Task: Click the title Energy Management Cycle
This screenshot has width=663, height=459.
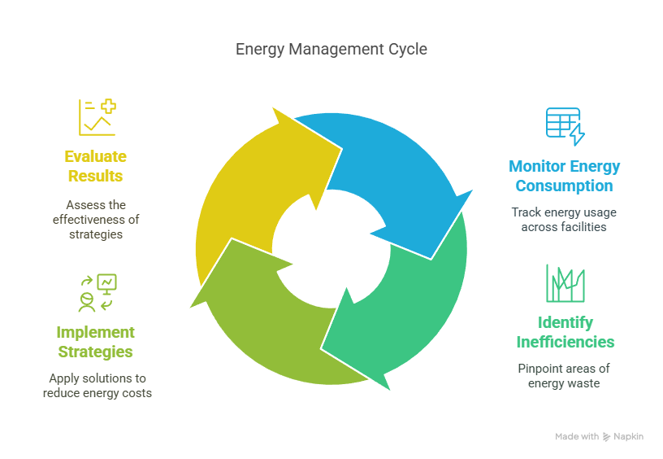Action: [331, 50]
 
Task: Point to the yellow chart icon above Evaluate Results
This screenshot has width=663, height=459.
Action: [97, 117]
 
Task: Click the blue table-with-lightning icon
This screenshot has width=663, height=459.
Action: [564, 125]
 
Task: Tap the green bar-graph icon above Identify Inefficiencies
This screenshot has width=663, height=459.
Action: [565, 283]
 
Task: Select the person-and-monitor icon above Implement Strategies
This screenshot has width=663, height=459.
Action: [96, 293]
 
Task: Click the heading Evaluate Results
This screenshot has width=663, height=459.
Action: [96, 166]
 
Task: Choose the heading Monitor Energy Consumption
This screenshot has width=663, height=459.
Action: [564, 176]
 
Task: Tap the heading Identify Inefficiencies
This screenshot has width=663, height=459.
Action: [565, 332]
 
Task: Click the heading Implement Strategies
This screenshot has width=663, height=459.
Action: [95, 342]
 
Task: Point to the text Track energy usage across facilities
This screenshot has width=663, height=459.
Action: [564, 220]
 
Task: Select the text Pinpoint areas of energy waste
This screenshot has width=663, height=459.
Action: [564, 376]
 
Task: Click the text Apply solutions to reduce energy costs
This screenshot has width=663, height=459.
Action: [97, 386]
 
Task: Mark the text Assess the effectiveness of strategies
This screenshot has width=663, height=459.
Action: [96, 220]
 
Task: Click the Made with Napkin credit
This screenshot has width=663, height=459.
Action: [599, 437]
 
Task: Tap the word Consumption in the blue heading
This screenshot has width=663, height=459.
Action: [564, 186]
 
